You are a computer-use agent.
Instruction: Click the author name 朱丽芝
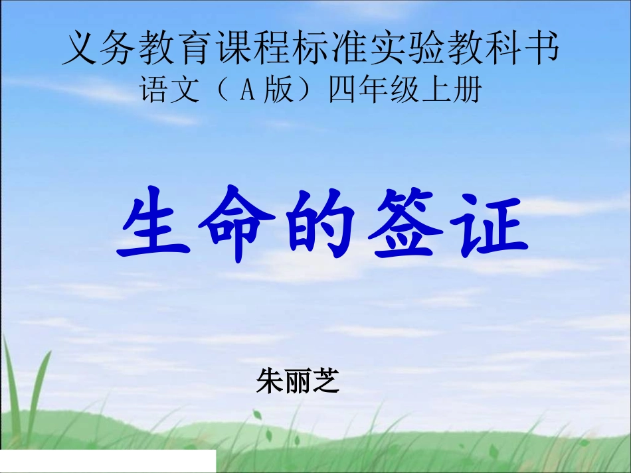click(298, 381)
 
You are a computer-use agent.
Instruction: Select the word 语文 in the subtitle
click(169, 91)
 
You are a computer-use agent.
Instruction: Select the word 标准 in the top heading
click(330, 48)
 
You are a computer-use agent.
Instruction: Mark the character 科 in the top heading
click(503, 48)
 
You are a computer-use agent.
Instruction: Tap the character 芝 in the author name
click(325, 381)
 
